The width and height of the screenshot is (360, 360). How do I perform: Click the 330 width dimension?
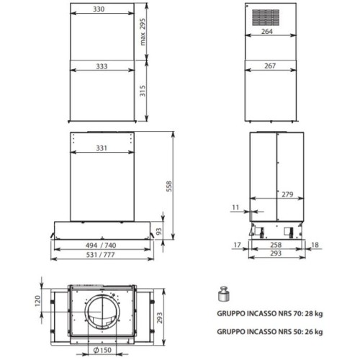pyautogui.click(x=99, y=9)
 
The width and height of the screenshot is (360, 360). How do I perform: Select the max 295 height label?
pyautogui.click(x=143, y=32)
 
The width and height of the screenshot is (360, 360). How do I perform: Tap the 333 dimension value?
pyautogui.click(x=102, y=66)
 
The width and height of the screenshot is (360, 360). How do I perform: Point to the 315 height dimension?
pyautogui.click(x=143, y=91)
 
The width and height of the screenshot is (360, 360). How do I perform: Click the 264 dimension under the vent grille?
pyautogui.click(x=267, y=32)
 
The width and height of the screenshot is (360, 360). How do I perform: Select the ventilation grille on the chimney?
pyautogui.click(x=266, y=17)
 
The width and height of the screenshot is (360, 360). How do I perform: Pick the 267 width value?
pyautogui.click(x=270, y=66)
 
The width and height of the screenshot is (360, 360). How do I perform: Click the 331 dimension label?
pyautogui.click(x=102, y=148)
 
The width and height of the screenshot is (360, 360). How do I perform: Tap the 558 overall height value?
pyautogui.click(x=169, y=186)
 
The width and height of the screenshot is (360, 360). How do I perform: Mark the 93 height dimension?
pyautogui.click(x=159, y=231)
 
